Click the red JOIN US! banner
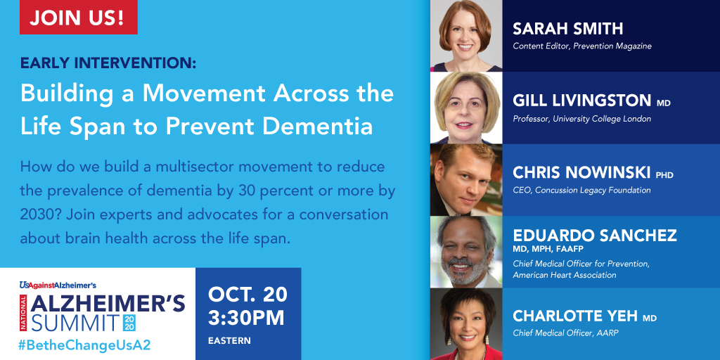pyautogui.click(x=78, y=18)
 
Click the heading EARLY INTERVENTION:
pyautogui.click(x=108, y=63)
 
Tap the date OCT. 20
pyautogui.click(x=247, y=294)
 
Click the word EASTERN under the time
pyautogui.click(x=229, y=341)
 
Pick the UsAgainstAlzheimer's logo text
pyautogui.click(x=58, y=285)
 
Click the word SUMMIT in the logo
pyautogui.click(x=69, y=323)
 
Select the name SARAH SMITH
pyautogui.click(x=568, y=29)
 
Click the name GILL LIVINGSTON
pyautogui.click(x=582, y=101)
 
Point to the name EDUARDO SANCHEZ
pyautogui.click(x=594, y=236)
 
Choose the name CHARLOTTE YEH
pyautogui.click(x=575, y=316)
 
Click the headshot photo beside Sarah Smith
pyautogui.click(x=465, y=35)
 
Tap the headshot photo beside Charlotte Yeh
pyautogui.click(x=465, y=323)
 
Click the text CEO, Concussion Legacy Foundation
pyautogui.click(x=581, y=190)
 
